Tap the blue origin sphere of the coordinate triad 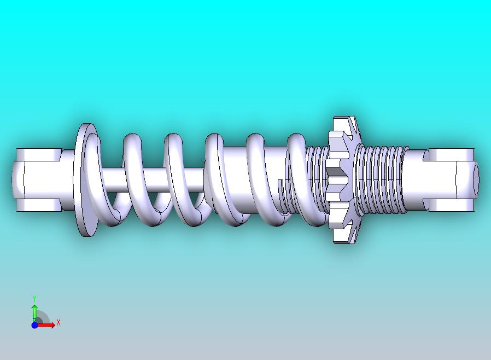point(34,325)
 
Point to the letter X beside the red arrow point(58,322)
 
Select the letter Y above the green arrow point(34,298)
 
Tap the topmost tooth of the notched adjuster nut point(341,121)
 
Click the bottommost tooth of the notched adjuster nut point(342,236)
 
